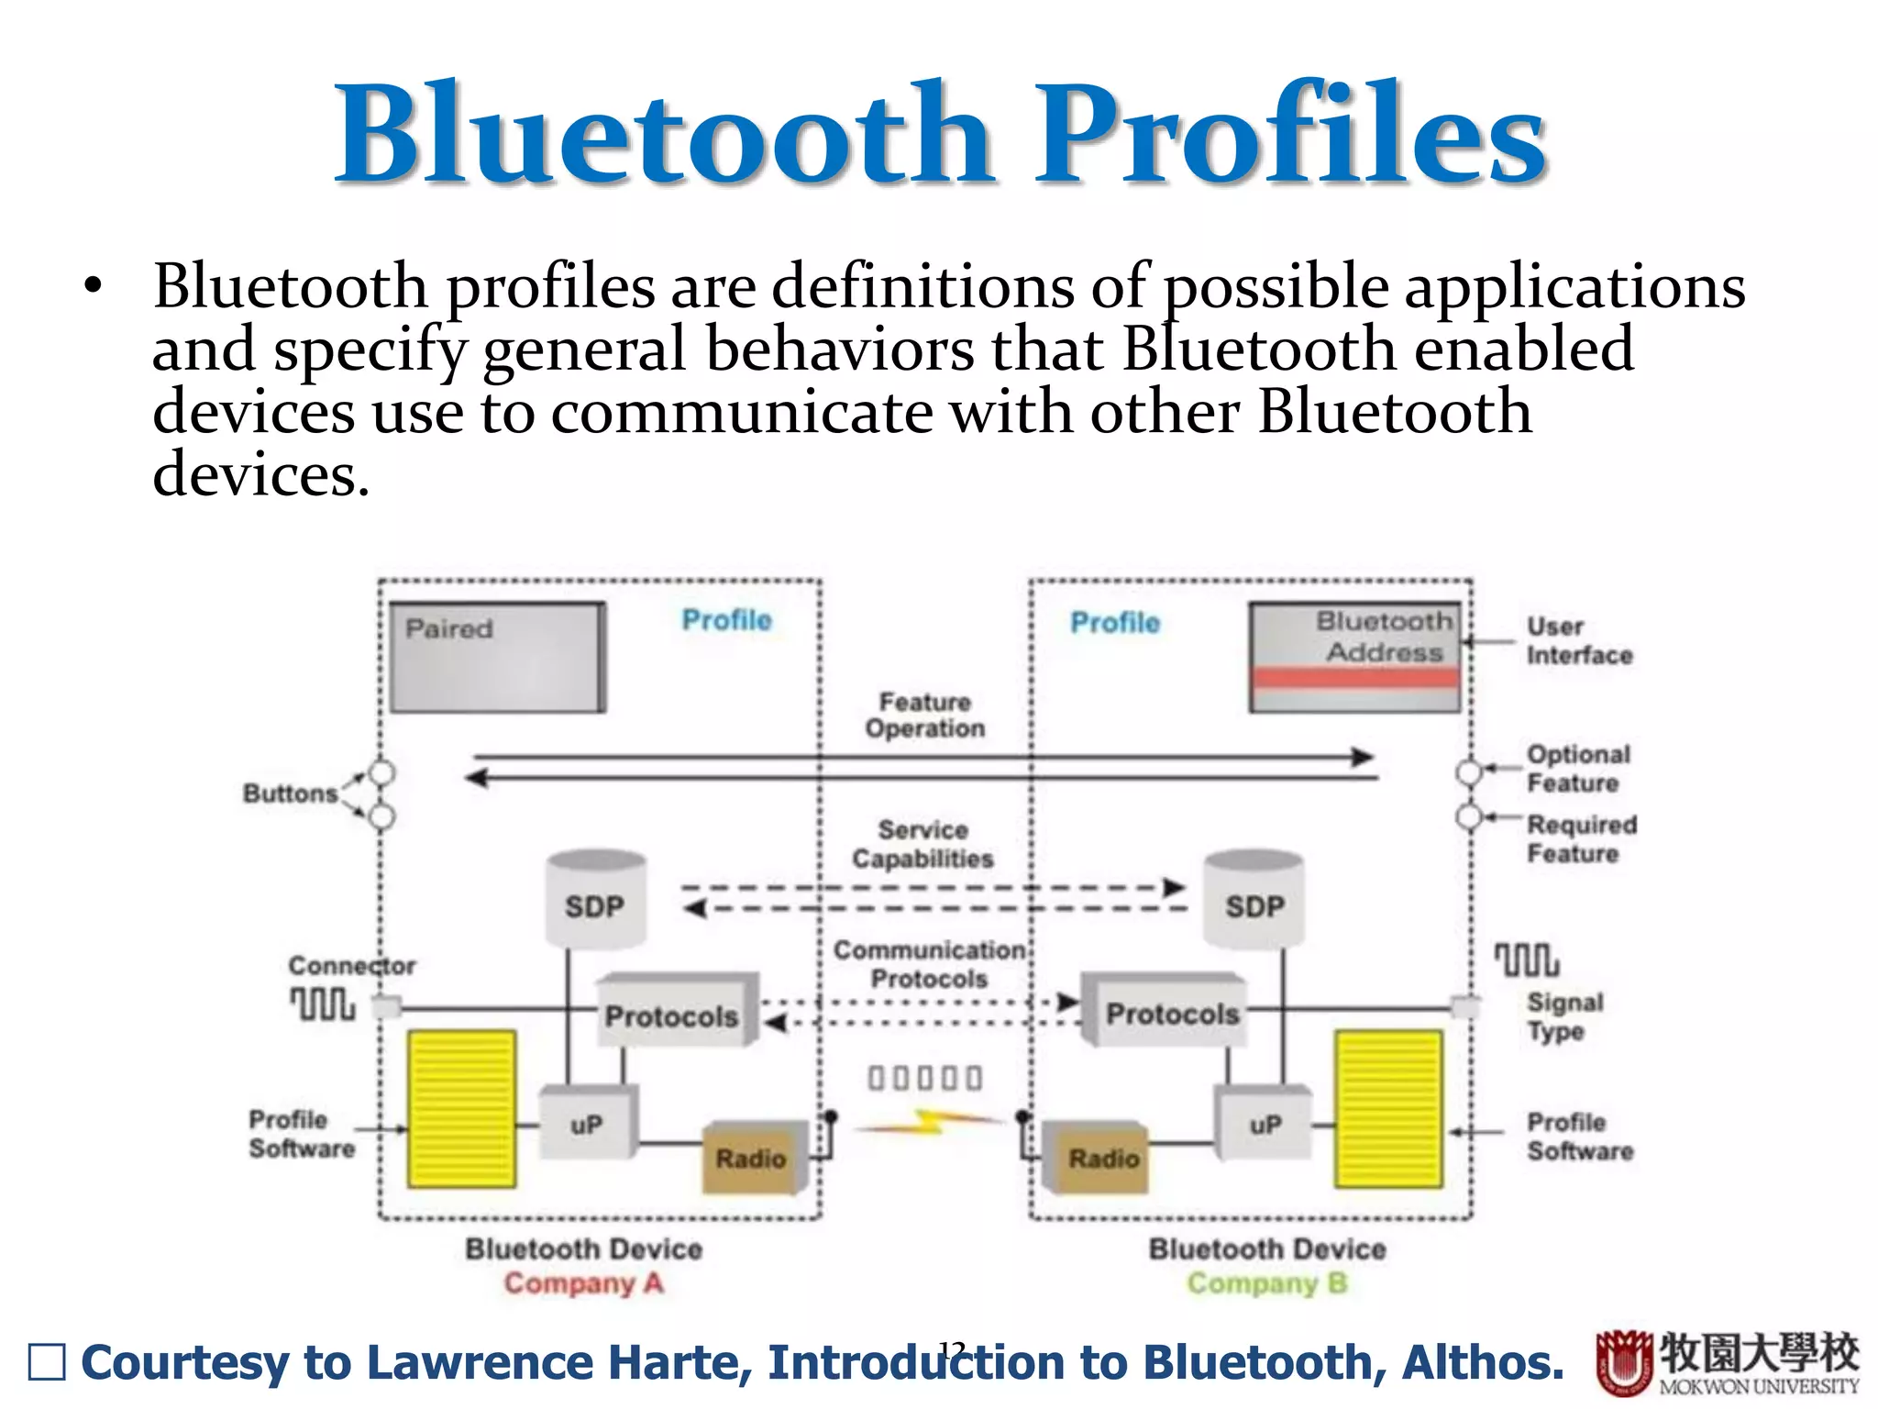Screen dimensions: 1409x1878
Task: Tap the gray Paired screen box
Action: click(497, 657)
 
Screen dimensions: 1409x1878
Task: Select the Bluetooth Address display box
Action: click(1355, 657)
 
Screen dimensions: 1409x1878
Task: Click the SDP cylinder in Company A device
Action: click(595, 900)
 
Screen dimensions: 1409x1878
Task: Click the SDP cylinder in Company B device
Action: click(1254, 900)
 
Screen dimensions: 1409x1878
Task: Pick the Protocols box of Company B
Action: click(1166, 1012)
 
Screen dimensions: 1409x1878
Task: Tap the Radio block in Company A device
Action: click(753, 1158)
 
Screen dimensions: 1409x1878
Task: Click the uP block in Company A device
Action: click(588, 1124)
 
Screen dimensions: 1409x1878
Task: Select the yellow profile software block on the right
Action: click(1388, 1109)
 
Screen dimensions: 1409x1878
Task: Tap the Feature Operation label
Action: click(924, 716)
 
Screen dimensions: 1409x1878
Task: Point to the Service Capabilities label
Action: click(922, 844)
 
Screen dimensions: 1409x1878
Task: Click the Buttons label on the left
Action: click(290, 793)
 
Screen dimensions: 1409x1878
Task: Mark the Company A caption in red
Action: click(583, 1282)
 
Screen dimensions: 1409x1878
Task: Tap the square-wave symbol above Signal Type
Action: click(1526, 960)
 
